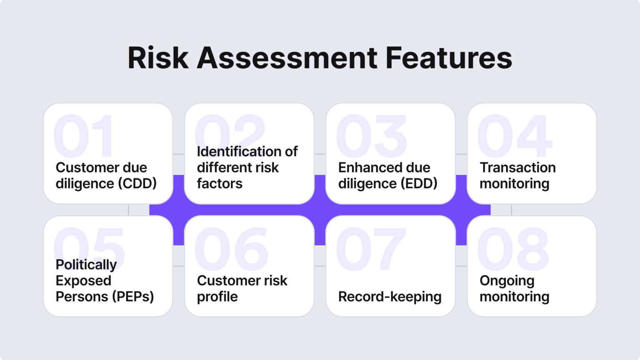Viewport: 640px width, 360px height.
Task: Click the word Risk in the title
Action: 158,57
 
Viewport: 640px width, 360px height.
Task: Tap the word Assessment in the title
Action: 287,57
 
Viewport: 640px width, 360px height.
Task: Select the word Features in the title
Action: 449,57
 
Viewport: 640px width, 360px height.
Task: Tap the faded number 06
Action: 232,249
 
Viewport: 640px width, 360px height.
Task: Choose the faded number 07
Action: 370,249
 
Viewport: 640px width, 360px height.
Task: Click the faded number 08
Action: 513,249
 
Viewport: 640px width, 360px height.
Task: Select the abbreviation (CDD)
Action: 137,183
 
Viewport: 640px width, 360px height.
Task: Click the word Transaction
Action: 517,167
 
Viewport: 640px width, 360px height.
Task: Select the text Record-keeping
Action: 390,297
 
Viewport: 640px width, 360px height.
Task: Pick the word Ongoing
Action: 507,281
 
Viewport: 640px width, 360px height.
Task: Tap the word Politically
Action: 86,265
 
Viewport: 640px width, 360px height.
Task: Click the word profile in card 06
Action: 217,297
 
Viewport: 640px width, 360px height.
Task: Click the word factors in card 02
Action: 220,183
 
